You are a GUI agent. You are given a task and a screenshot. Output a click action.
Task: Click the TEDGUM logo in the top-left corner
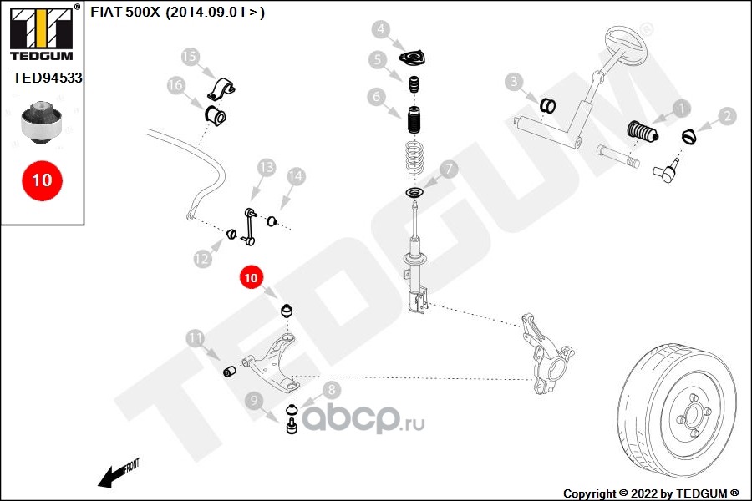pos(40,34)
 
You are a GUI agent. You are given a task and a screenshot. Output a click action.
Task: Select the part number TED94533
pos(48,78)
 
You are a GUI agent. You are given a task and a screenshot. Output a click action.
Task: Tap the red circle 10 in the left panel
pos(42,180)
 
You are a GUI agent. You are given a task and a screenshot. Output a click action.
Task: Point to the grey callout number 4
pos(382,31)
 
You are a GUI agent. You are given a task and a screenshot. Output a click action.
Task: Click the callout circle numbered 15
pos(191,57)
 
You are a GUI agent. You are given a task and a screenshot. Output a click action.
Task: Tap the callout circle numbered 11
pos(195,338)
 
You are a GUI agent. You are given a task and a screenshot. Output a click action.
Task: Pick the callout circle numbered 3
pos(515,81)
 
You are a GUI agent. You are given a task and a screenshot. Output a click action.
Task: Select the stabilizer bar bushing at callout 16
pos(216,114)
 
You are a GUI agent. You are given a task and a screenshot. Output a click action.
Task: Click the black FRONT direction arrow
pos(110,477)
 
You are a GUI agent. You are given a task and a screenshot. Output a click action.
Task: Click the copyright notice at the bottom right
pos(652,493)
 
